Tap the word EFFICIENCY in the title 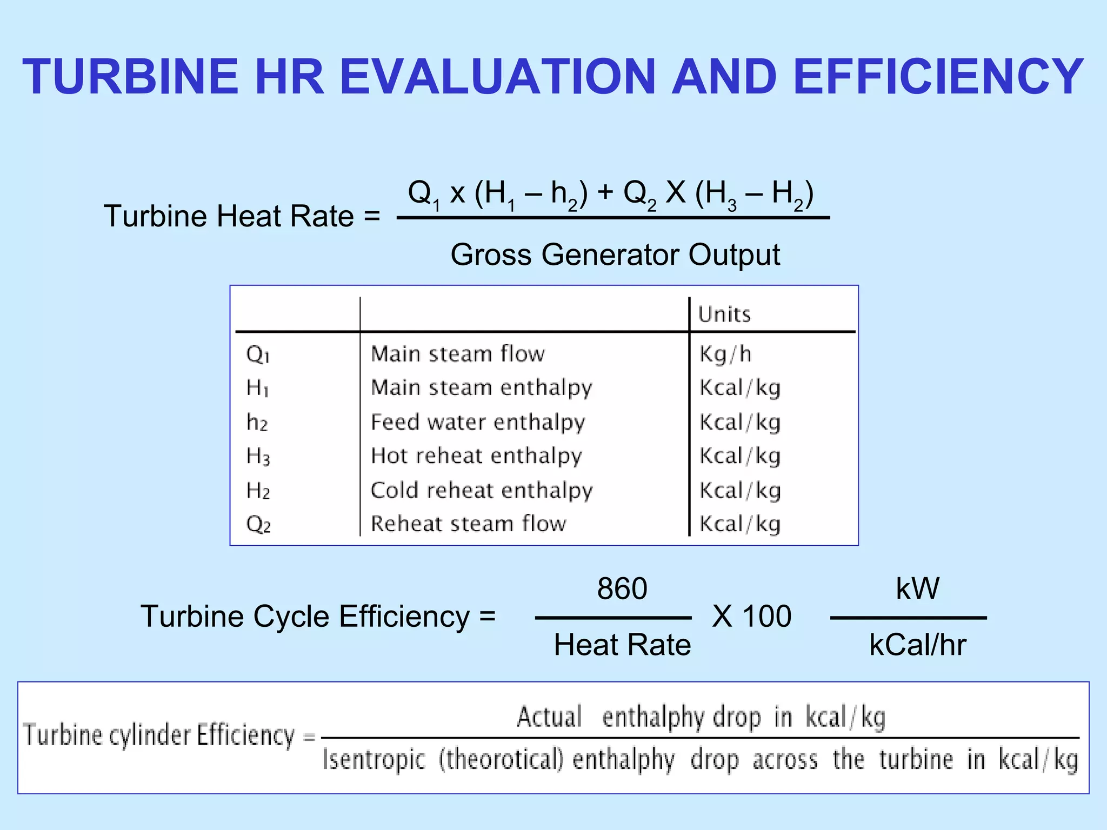pos(939,77)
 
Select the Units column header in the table pos(724,314)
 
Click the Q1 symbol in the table pos(258,355)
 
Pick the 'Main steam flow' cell pos(458,354)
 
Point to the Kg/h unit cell pos(725,354)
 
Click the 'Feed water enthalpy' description pos(478,423)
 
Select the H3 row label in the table pos(258,457)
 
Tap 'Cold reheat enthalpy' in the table pos(482,491)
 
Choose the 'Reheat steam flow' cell pos(469,524)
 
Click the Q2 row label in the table pos(258,525)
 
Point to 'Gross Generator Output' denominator pos(615,255)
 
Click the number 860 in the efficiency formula pos(622,588)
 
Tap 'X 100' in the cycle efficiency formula pos(752,616)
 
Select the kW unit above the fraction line pos(917,588)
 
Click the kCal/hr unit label pos(917,645)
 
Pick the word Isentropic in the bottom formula pos(374,760)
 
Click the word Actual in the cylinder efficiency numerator pos(549,718)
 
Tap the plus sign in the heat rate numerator pos(605,192)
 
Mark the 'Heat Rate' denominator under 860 pos(622,645)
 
